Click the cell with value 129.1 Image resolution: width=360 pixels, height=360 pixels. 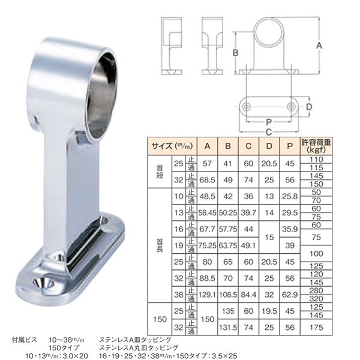(x=207, y=293)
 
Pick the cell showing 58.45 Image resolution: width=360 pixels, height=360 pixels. (x=207, y=212)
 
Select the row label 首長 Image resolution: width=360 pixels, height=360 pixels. (x=159, y=245)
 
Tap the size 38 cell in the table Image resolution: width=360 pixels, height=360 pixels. (x=178, y=293)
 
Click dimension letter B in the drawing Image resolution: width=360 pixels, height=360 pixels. (x=235, y=53)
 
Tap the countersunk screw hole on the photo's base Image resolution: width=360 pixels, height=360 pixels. (x=45, y=281)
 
